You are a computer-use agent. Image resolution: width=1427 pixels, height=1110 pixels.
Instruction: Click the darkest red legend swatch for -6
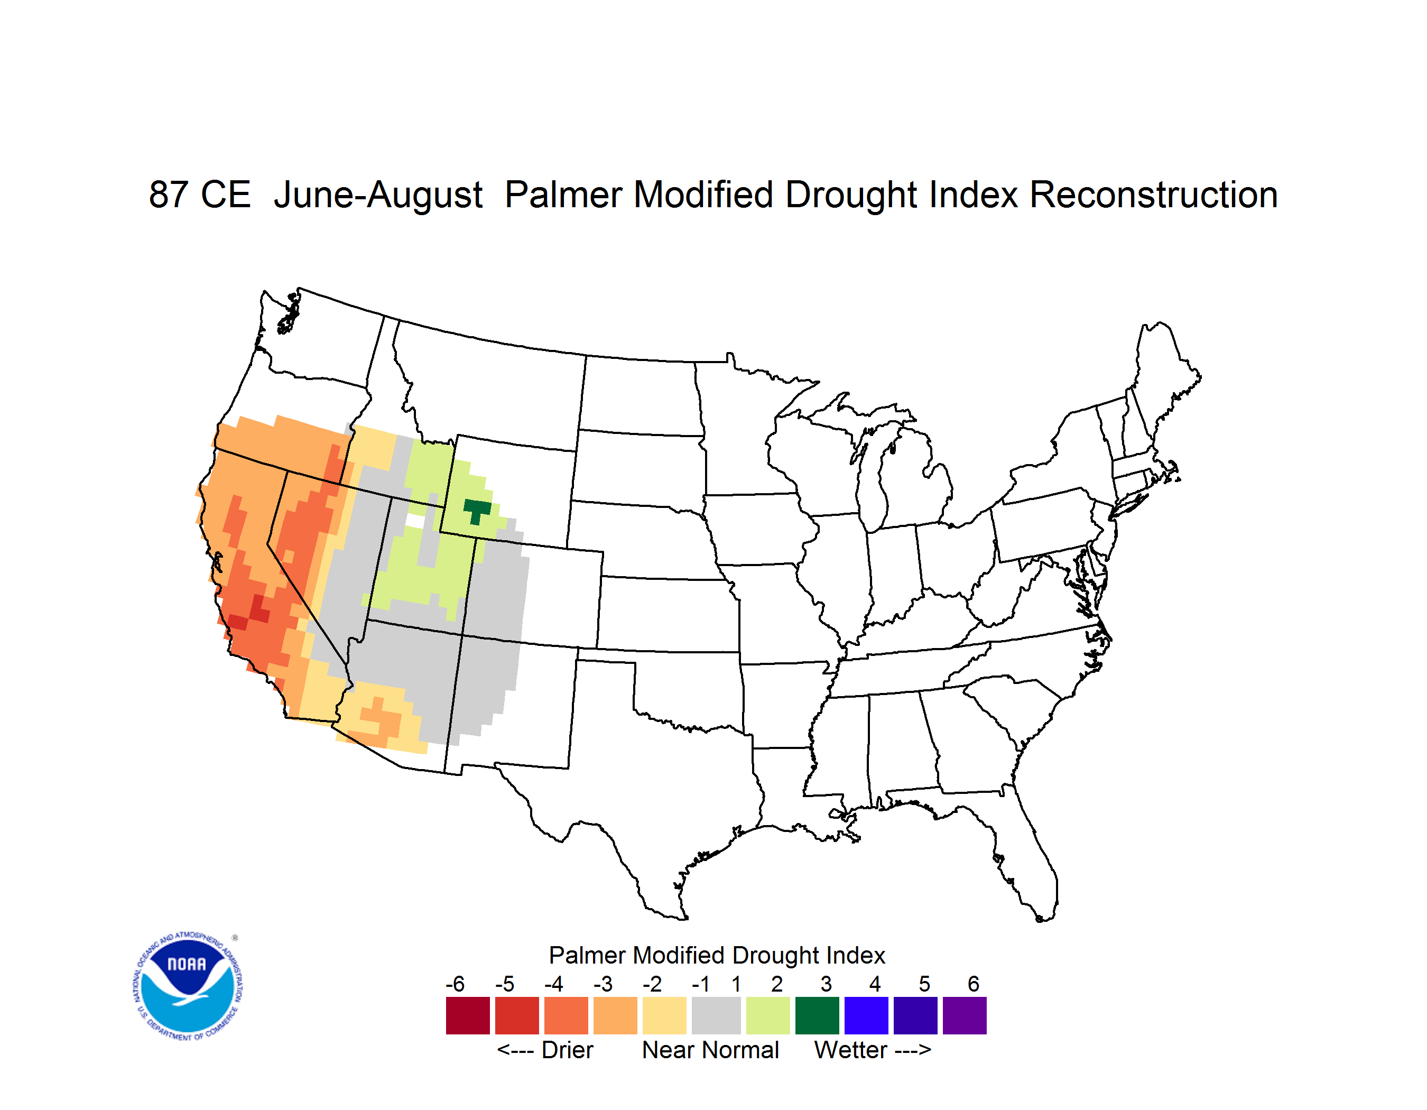[468, 1016]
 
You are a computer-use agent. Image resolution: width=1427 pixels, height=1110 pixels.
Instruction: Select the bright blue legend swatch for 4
[866, 1016]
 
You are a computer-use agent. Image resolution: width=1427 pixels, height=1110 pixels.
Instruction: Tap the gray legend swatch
[716, 1016]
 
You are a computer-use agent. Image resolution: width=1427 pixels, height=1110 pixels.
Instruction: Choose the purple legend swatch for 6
[965, 1016]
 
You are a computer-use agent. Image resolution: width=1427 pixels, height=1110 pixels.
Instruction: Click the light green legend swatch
[768, 1016]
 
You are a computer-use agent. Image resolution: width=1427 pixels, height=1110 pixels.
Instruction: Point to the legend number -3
[603, 984]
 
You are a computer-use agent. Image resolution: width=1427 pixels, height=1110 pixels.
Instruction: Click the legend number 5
[924, 984]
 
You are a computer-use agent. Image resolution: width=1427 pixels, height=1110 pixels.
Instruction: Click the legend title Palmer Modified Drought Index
[717, 956]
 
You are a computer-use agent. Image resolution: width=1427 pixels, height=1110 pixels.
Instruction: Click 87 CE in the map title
[200, 195]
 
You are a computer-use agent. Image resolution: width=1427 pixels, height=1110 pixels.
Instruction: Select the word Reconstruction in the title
[1154, 195]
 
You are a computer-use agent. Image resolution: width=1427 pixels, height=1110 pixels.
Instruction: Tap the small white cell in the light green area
[415, 521]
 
